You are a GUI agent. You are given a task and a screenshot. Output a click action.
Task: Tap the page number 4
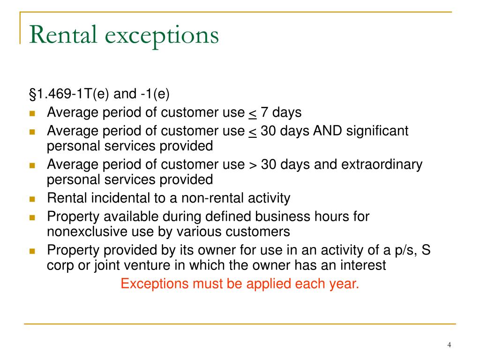point(449,345)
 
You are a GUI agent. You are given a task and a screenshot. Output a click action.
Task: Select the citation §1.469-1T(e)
point(70,94)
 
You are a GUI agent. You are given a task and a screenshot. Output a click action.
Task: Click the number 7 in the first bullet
point(265,113)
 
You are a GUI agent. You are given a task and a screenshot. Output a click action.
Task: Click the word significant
point(377,131)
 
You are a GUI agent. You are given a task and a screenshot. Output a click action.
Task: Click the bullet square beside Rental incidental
point(32,198)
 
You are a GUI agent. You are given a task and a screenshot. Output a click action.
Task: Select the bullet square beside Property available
point(32,217)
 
